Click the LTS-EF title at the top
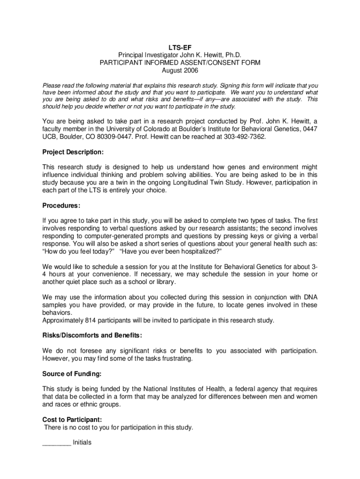(180, 47)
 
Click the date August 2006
(180, 70)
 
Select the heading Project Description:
(73, 152)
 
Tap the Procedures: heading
(61, 205)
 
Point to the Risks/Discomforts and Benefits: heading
(92, 335)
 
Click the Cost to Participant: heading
(72, 420)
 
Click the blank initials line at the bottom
(57, 443)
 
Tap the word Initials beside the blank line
(82, 442)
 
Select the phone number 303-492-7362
(244, 137)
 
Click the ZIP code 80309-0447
(131, 137)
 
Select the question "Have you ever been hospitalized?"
(170, 251)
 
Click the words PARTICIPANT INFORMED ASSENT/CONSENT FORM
(180, 63)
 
